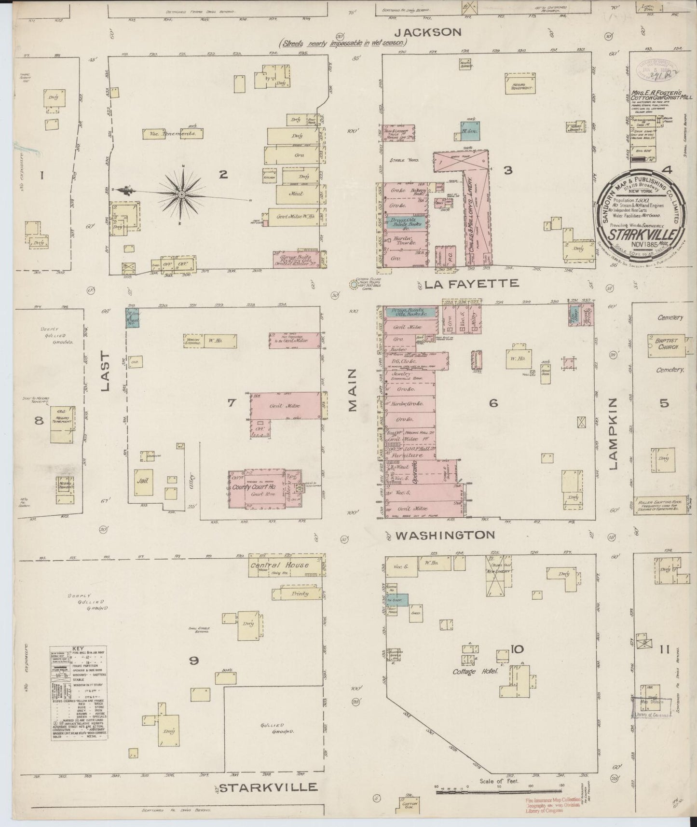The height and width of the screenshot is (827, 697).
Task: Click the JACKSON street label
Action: click(x=428, y=32)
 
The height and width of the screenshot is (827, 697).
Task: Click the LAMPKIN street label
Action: click(x=614, y=434)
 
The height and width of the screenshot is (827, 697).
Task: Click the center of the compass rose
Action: click(x=182, y=194)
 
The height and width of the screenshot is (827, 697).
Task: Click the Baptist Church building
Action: click(x=664, y=345)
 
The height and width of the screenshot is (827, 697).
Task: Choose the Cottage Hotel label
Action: click(x=475, y=672)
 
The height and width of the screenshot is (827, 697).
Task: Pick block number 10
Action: click(x=517, y=649)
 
